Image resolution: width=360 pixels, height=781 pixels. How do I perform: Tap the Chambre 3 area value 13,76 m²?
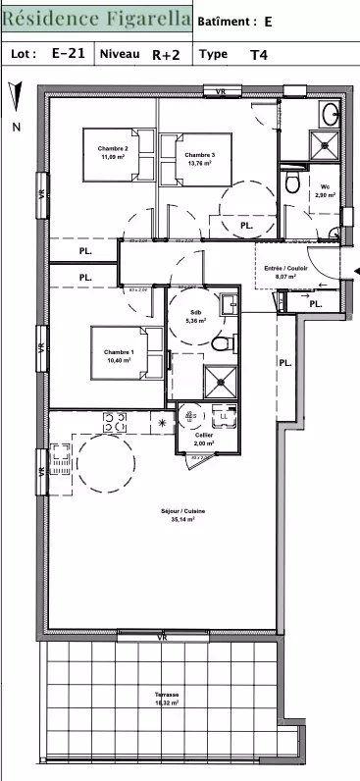point(199,164)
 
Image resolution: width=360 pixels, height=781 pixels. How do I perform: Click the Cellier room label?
point(204,435)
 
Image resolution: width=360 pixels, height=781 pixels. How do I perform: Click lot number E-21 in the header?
point(68,54)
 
